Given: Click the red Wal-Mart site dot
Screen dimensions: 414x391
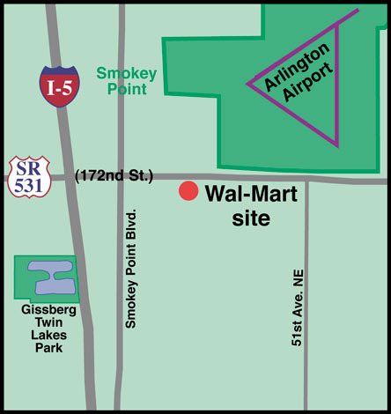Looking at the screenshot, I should pos(188,191).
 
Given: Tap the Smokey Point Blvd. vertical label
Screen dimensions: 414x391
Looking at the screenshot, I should pos(132,269).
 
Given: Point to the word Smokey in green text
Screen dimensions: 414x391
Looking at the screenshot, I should pos(126,74).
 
